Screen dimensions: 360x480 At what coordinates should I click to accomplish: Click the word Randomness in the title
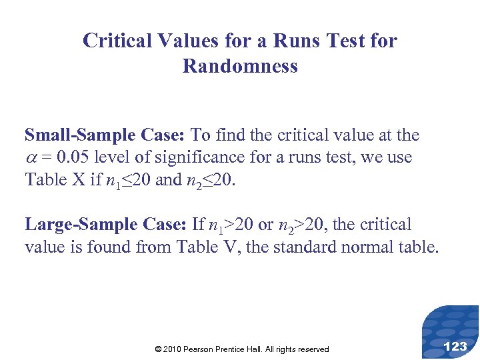point(240,67)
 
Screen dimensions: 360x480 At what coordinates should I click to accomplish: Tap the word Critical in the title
point(117,41)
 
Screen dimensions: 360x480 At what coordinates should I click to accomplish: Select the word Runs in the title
point(295,41)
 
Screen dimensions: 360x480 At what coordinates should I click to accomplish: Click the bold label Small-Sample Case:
point(105,135)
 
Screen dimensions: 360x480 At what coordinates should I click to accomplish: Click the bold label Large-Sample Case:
point(105,225)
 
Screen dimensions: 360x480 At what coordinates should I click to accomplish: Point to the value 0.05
point(74,157)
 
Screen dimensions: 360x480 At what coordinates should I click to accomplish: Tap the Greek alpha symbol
point(31,158)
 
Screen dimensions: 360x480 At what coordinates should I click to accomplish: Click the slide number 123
point(455,346)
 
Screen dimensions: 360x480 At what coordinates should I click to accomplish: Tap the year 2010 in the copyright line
point(173,349)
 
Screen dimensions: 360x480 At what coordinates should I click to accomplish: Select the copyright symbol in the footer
point(157,349)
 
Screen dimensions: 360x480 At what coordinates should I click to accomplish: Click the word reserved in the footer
point(313,349)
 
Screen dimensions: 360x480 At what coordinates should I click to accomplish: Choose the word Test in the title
point(340,41)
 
